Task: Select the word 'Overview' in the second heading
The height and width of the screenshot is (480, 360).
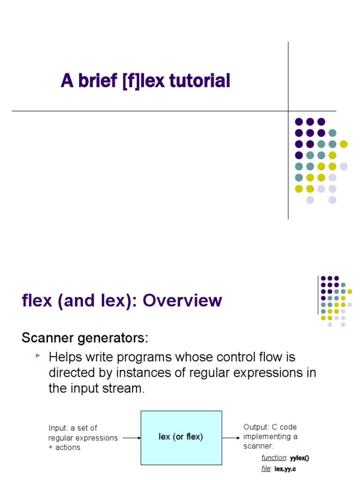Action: point(182,300)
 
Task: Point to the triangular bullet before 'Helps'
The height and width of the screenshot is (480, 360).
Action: point(38,357)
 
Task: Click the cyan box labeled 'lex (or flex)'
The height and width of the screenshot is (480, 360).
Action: point(181,437)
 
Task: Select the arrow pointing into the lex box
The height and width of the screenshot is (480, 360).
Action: point(132,438)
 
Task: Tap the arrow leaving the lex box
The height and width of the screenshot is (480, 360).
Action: point(231,438)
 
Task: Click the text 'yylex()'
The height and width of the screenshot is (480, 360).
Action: point(300,457)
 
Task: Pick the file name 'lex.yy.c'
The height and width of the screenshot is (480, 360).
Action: point(285,469)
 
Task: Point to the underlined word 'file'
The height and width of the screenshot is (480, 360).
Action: point(266,469)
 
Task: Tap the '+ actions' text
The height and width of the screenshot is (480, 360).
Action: point(64,447)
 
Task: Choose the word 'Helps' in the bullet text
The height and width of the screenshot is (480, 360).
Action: point(65,357)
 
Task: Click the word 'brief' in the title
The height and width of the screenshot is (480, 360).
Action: point(97,81)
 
